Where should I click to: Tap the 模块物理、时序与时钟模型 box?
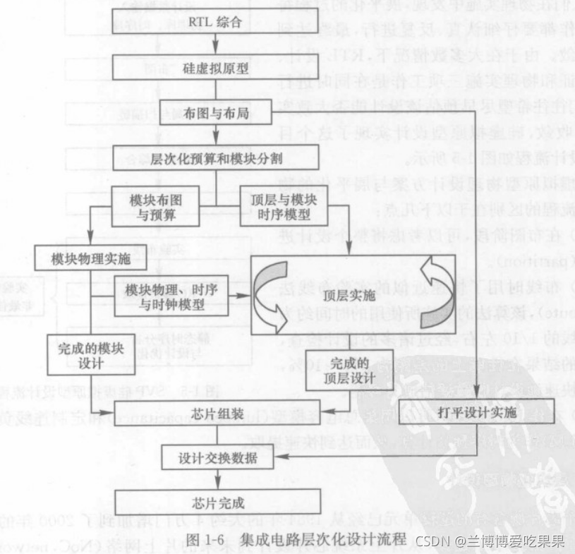pos(172,294)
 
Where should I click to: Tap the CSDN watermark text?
pos(489,541)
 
